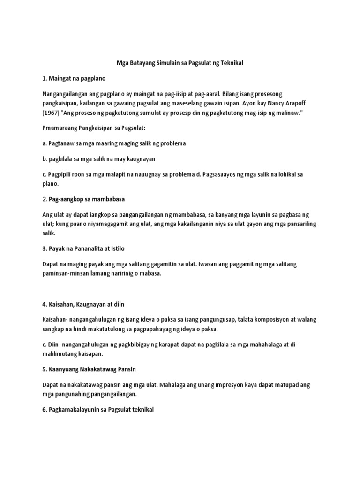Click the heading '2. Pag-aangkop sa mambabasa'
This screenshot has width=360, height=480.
click(x=83, y=199)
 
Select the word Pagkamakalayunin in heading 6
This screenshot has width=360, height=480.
click(x=76, y=410)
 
